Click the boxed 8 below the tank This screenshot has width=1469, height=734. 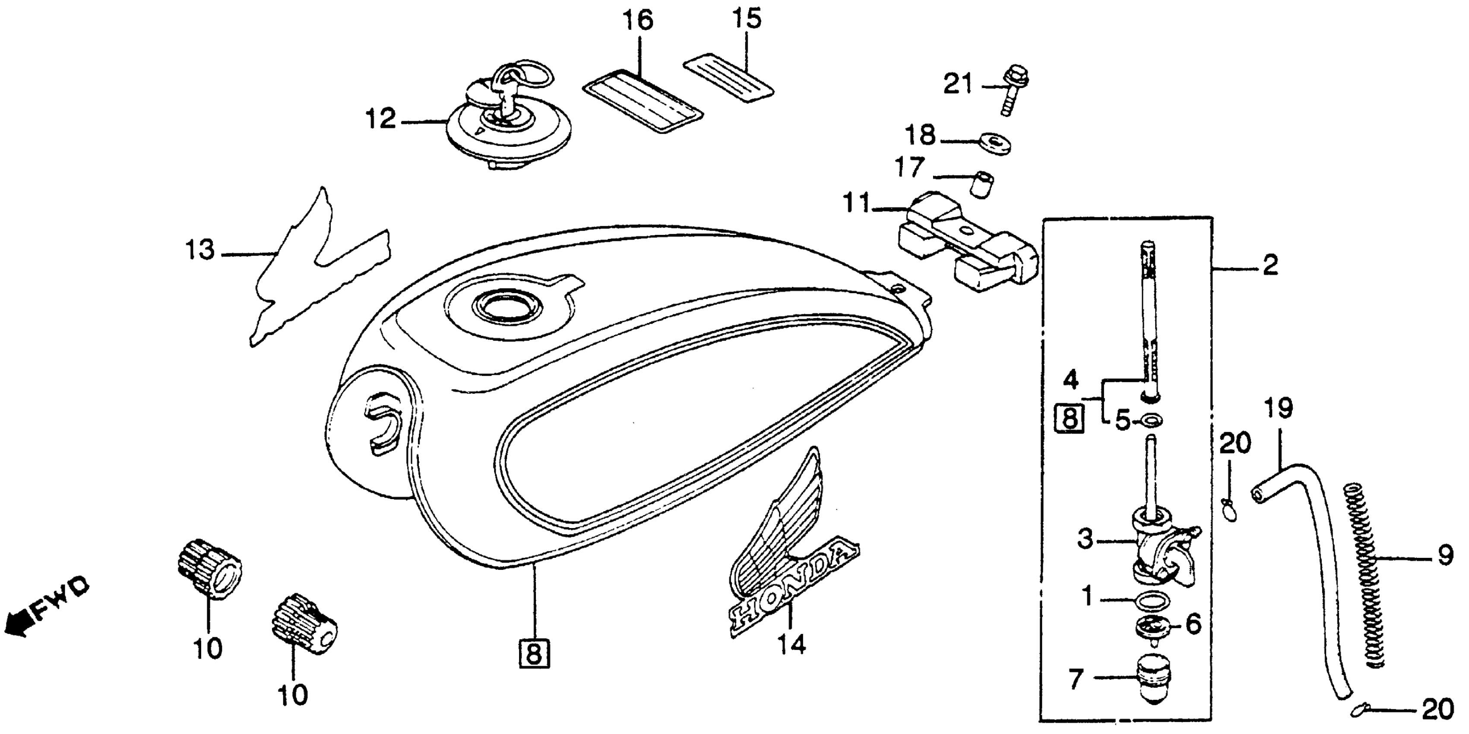coord(534,654)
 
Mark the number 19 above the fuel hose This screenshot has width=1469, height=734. coord(1278,408)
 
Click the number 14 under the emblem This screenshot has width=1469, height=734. coord(792,645)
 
